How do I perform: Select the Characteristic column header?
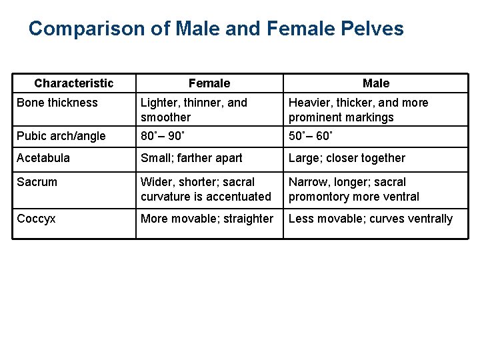[74, 83]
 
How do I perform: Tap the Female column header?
[209, 83]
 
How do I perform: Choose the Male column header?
[376, 83]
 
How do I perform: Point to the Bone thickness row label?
[57, 103]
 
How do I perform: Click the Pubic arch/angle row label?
[61, 136]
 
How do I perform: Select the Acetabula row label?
[43, 158]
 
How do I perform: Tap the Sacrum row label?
[37, 182]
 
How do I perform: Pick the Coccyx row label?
[37, 219]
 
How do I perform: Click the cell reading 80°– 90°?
[164, 136]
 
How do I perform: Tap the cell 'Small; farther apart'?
[191, 158]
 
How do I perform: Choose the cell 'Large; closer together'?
[347, 158]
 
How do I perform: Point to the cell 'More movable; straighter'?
[207, 219]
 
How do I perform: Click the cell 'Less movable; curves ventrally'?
[371, 219]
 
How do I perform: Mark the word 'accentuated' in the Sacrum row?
[239, 197]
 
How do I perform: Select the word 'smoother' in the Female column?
[165, 117]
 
